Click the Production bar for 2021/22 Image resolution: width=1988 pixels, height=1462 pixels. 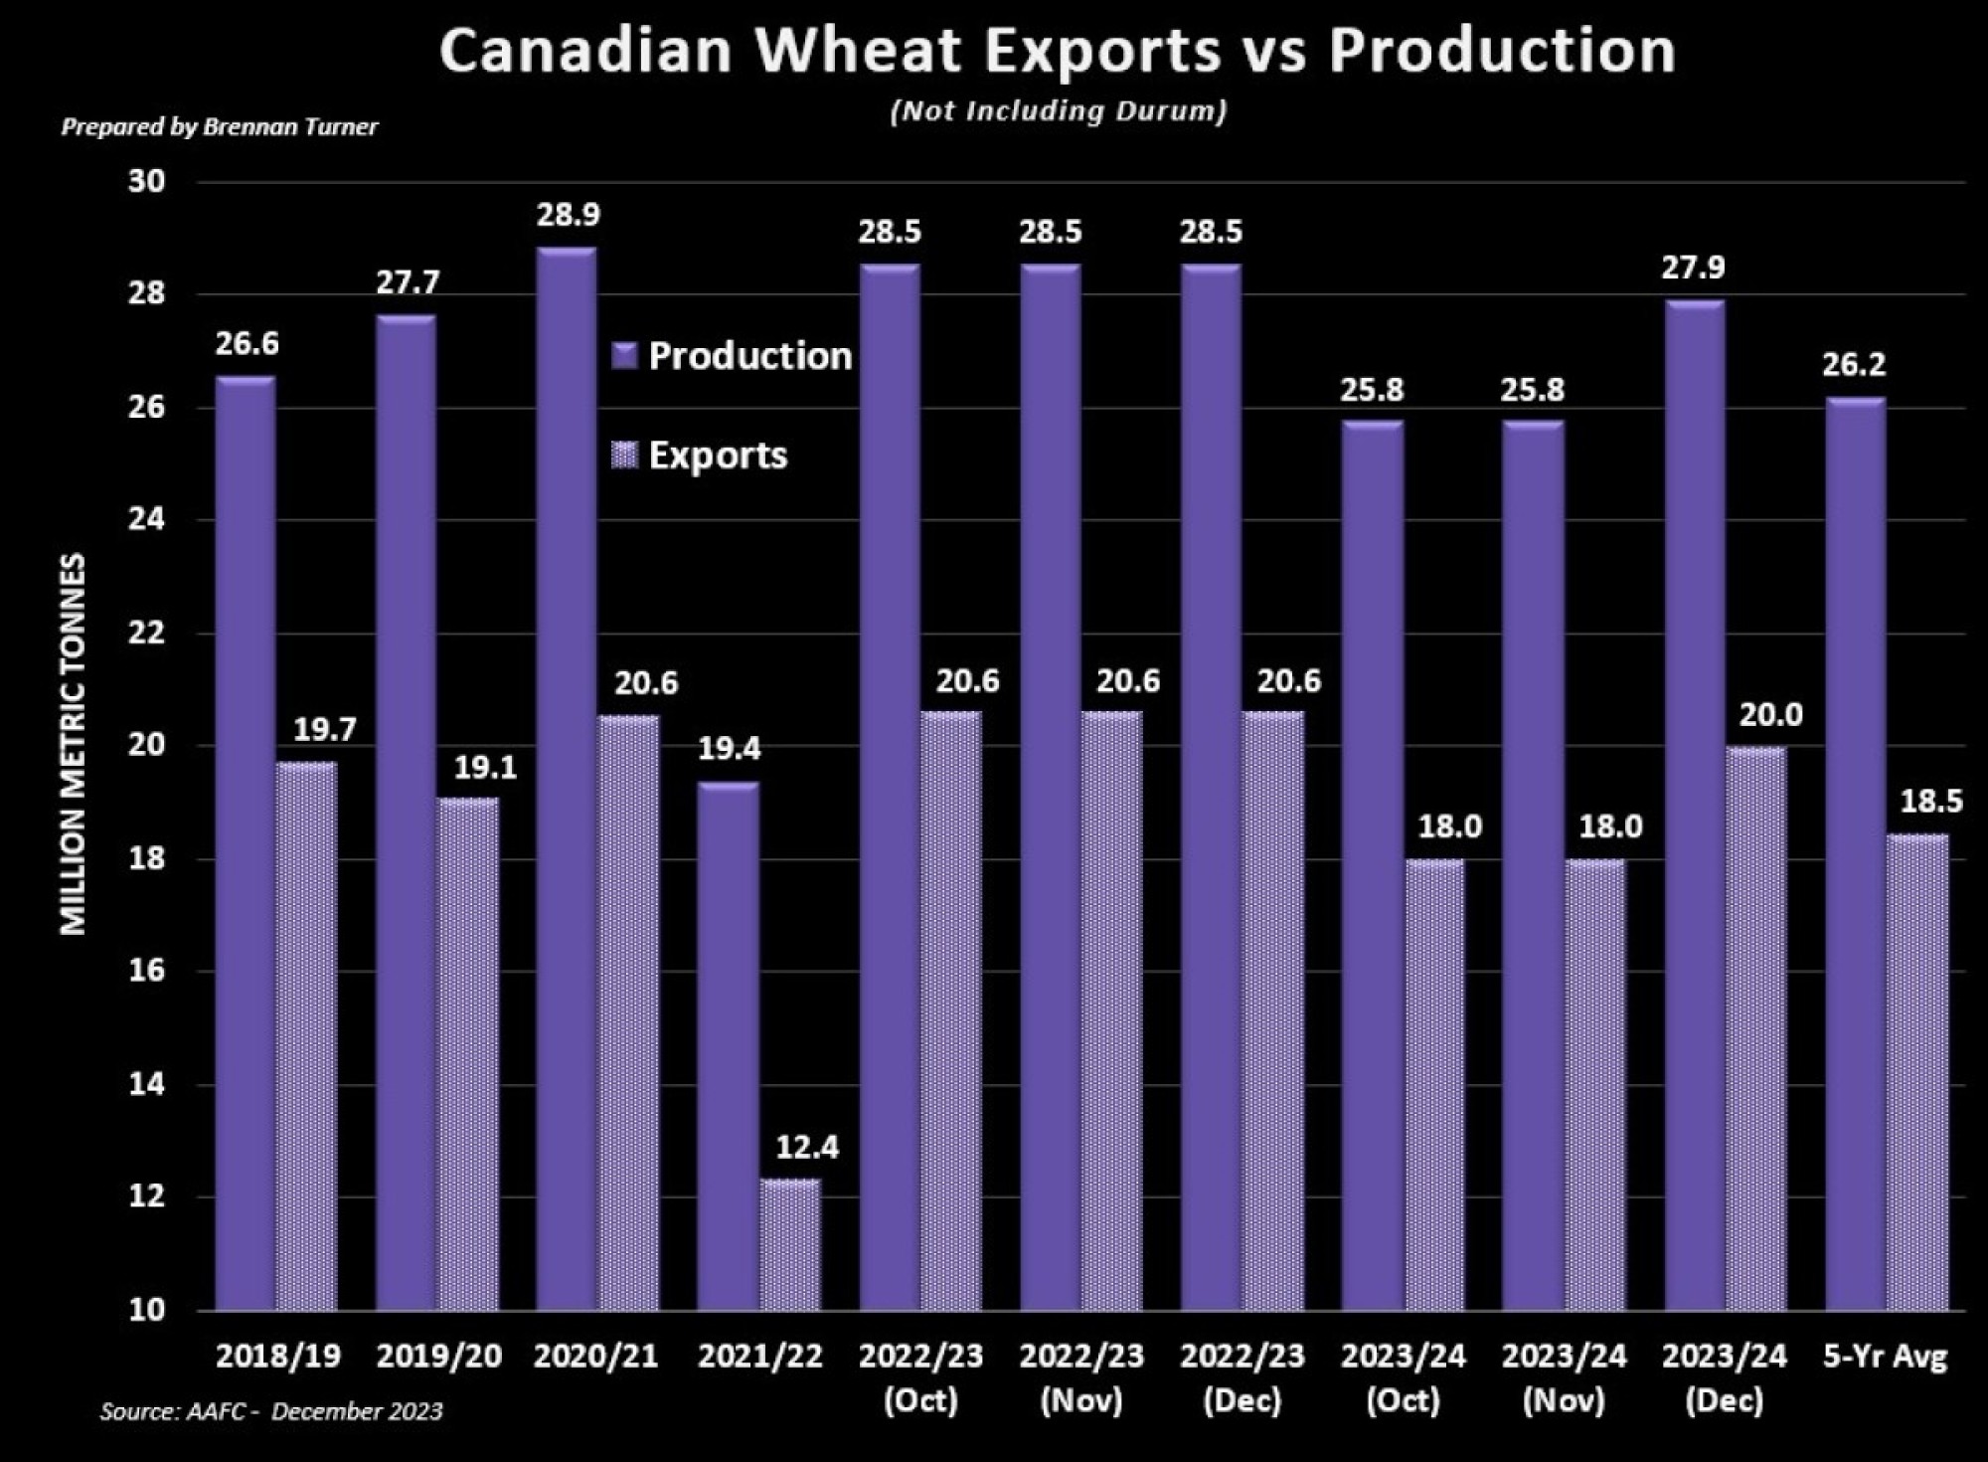[x=728, y=1044]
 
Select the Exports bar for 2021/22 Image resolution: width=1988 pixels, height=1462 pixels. [x=791, y=1243]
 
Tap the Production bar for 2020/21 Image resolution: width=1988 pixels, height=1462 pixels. [x=567, y=776]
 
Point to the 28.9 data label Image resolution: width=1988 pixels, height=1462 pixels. [x=569, y=215]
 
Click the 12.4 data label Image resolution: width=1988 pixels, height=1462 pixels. [x=807, y=1148]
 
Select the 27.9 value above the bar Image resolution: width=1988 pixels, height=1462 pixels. [x=1693, y=268]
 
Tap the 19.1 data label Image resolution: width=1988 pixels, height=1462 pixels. [x=485, y=768]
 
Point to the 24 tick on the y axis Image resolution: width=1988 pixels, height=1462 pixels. [x=146, y=520]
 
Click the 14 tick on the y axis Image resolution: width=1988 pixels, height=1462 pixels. [x=146, y=1084]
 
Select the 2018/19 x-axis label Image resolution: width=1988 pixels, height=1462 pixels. [x=277, y=1356]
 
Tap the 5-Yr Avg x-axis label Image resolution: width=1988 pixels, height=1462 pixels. [x=1886, y=1356]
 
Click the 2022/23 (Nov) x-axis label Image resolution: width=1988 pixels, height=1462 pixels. [x=1081, y=1376]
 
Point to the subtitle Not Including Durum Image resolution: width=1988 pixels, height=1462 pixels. [x=1059, y=110]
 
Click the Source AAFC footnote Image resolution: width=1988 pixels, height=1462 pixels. [x=270, y=1411]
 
